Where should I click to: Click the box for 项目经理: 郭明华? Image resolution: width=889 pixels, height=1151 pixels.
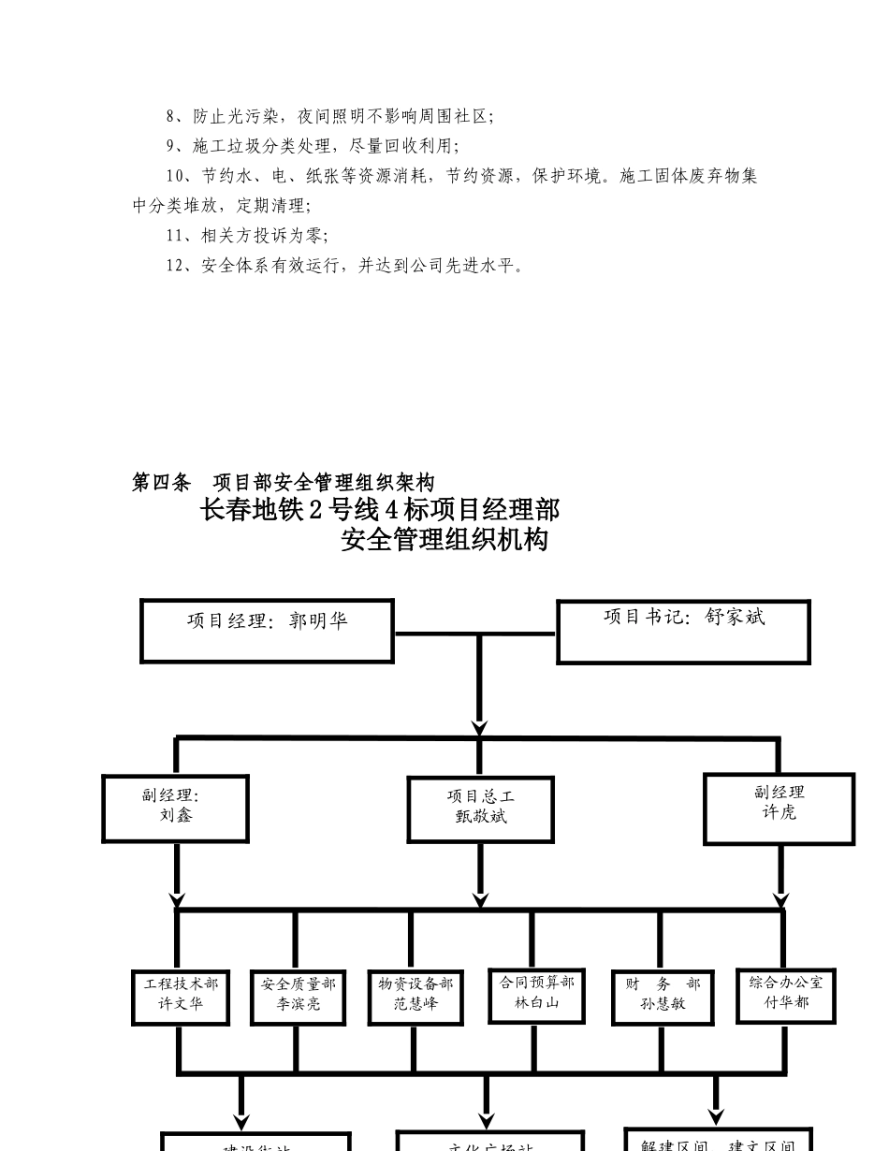[267, 631]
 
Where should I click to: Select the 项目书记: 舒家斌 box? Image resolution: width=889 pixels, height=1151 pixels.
[683, 632]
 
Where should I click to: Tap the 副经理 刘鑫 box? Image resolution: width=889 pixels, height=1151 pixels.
[175, 808]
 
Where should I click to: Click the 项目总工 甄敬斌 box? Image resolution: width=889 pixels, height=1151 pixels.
[480, 809]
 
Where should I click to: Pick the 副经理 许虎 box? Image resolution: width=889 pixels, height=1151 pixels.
[779, 808]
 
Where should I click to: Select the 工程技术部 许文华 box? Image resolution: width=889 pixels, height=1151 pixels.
[181, 998]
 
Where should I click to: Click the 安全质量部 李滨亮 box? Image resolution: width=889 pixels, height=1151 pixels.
[298, 998]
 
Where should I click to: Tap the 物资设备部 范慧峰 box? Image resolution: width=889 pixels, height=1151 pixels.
[415, 998]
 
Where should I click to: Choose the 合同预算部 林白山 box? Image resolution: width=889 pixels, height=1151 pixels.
[536, 996]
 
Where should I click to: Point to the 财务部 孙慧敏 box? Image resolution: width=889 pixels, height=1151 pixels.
[663, 998]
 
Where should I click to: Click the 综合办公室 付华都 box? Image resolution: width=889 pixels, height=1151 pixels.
[785, 996]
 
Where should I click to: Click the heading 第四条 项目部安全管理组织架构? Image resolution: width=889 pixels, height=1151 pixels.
[283, 483]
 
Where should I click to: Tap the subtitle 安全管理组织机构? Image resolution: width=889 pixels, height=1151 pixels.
[444, 540]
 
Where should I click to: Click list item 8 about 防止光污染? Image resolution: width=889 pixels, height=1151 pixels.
[329, 117]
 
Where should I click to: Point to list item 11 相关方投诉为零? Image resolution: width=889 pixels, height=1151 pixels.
[247, 237]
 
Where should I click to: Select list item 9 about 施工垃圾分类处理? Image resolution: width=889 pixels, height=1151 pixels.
[313, 147]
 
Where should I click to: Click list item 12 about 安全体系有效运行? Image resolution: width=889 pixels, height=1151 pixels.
[344, 266]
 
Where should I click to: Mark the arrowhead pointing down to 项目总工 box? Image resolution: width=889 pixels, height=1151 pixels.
[480, 728]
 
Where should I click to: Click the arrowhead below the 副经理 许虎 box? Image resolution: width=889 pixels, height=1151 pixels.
[781, 900]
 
